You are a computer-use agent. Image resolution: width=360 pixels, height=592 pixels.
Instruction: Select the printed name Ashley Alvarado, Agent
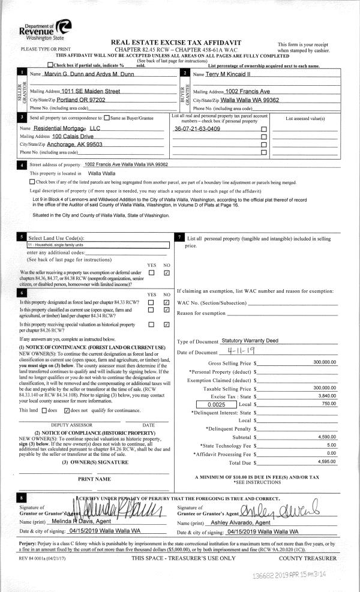coord(245,523)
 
